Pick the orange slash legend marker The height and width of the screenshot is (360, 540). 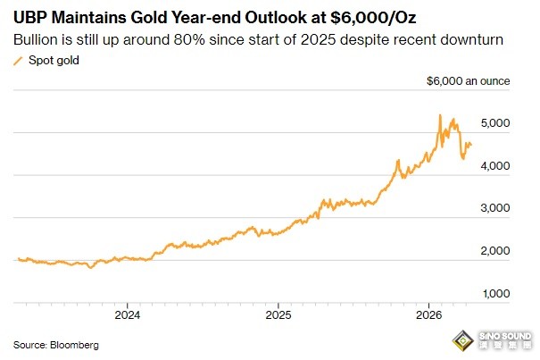coord(18,60)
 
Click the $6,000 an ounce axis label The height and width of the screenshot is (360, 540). coord(469,81)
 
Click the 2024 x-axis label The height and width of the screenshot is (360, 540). coord(128,314)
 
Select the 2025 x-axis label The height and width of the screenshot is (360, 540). coord(278,314)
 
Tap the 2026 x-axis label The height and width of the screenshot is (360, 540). coord(430,314)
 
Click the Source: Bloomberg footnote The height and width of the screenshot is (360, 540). coord(56,344)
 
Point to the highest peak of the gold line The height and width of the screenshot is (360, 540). coord(440,115)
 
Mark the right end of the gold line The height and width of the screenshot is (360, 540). coord(471,145)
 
